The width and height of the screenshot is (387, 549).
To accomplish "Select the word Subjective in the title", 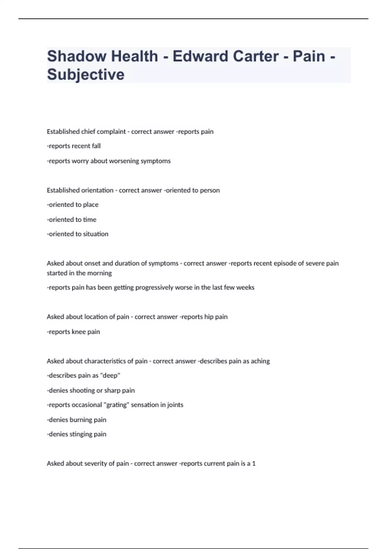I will [x=86, y=75].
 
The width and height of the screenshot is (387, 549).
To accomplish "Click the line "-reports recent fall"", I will [x=74, y=146].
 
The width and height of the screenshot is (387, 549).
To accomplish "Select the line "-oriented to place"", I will [x=73, y=205].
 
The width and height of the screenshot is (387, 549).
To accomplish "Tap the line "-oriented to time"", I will [x=72, y=220].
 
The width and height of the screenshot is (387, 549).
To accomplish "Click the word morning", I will [x=99, y=273].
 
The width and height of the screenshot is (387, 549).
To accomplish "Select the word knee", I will [x=79, y=332].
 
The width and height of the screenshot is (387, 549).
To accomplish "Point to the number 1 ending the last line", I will [x=254, y=464].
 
